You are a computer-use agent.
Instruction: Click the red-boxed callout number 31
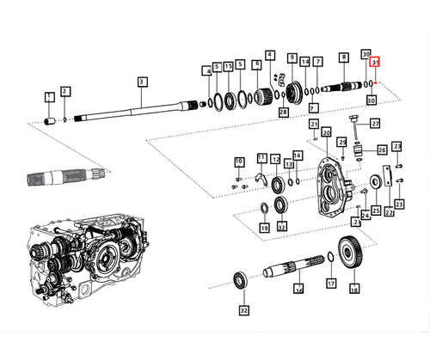pos(375,63)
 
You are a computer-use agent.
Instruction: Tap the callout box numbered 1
pos(49,96)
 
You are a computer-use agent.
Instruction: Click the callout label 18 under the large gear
pos(353,290)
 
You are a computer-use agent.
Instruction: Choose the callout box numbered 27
pos(375,124)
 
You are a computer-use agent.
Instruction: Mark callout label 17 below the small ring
pos(330,283)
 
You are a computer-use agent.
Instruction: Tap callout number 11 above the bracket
pos(261,158)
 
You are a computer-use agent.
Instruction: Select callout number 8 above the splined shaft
pos(343,57)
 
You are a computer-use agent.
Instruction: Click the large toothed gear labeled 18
pos(353,255)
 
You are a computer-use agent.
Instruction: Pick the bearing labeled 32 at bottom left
pos(242,279)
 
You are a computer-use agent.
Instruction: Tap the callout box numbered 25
pos(375,211)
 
